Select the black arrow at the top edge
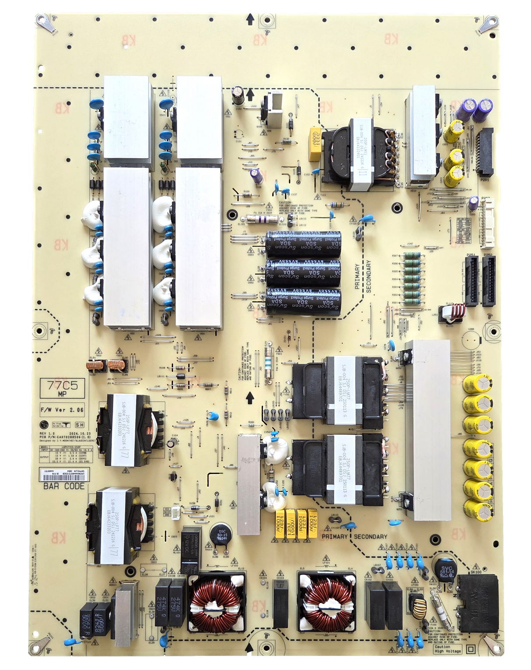click(x=250, y=18)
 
